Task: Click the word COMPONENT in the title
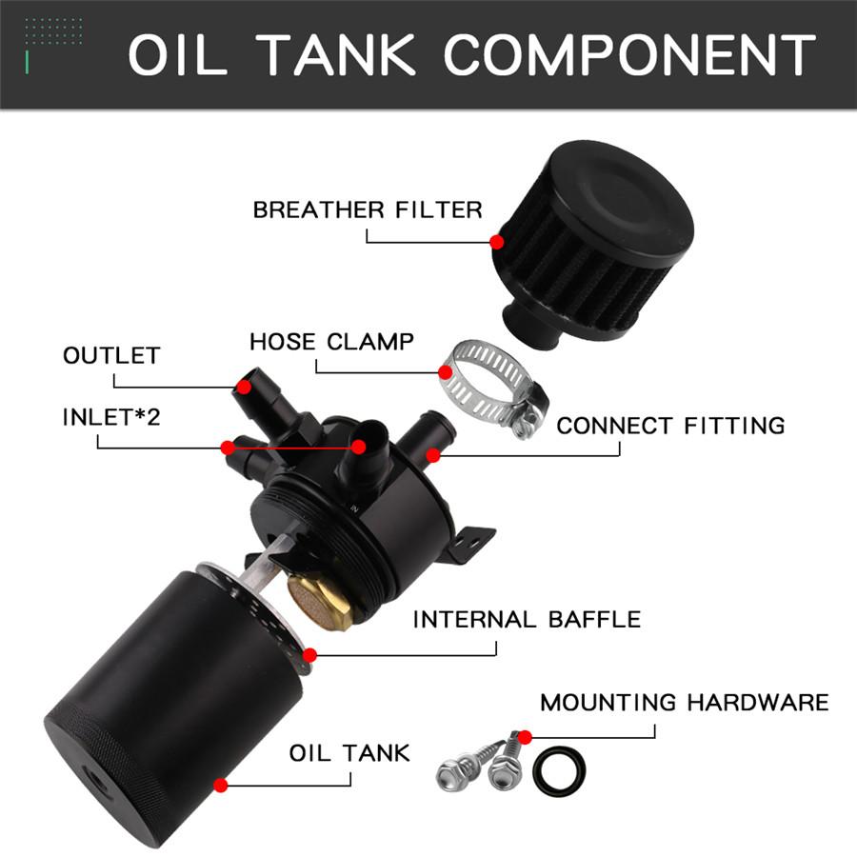pos(629,55)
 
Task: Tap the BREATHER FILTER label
pos(368,209)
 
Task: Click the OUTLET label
pos(111,356)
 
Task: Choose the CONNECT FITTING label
pos(670,425)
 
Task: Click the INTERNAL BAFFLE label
pos(527,620)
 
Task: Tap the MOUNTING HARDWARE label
pos(684,703)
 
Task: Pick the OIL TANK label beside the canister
pos(349,752)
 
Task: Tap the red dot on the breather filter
pos(496,242)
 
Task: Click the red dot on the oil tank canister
pos(221,786)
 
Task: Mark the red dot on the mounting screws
pos(524,735)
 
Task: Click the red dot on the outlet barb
pos(245,388)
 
